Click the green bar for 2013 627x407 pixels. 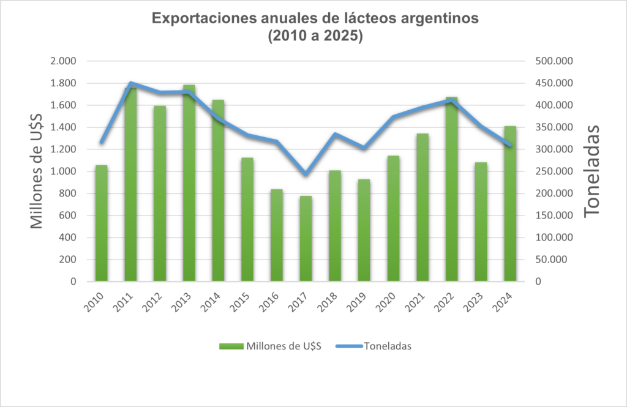pyautogui.click(x=189, y=184)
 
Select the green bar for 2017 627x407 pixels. pyautogui.click(x=306, y=239)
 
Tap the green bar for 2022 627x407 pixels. pyautogui.click(x=451, y=190)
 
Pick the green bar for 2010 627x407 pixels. pyautogui.click(x=102, y=223)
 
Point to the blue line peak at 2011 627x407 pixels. pyautogui.click(x=131, y=83)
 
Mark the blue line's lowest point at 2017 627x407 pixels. pyautogui.click(x=306, y=174)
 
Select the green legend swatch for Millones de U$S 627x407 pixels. pyautogui.click(x=231, y=346)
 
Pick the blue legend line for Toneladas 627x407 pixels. pyautogui.click(x=348, y=346)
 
